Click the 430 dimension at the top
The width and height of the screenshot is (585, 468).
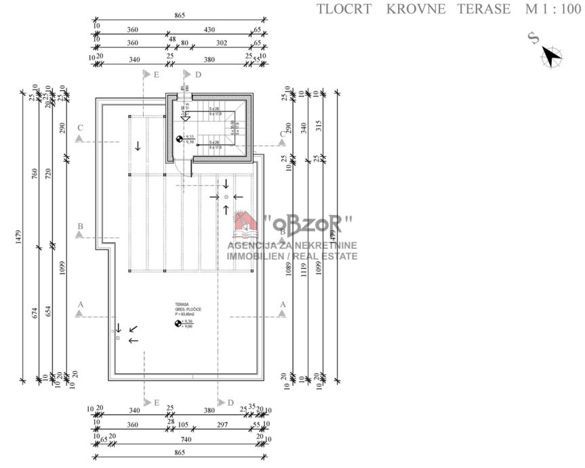pyautogui.click(x=209, y=31)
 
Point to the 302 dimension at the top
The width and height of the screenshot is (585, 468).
pyautogui.click(x=222, y=43)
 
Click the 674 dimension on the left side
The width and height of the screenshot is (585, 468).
pyautogui.click(x=35, y=313)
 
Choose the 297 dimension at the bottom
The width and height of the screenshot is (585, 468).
pyautogui.click(x=221, y=425)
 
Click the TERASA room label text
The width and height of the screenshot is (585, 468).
pyautogui.click(x=181, y=305)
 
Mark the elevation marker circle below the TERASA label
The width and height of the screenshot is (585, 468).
pyautogui.click(x=178, y=324)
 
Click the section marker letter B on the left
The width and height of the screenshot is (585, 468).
pyautogui.click(x=80, y=227)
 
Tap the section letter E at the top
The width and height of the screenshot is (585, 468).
pyautogui.click(x=157, y=75)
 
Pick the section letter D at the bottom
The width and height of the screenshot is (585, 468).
pyautogui.click(x=230, y=403)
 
